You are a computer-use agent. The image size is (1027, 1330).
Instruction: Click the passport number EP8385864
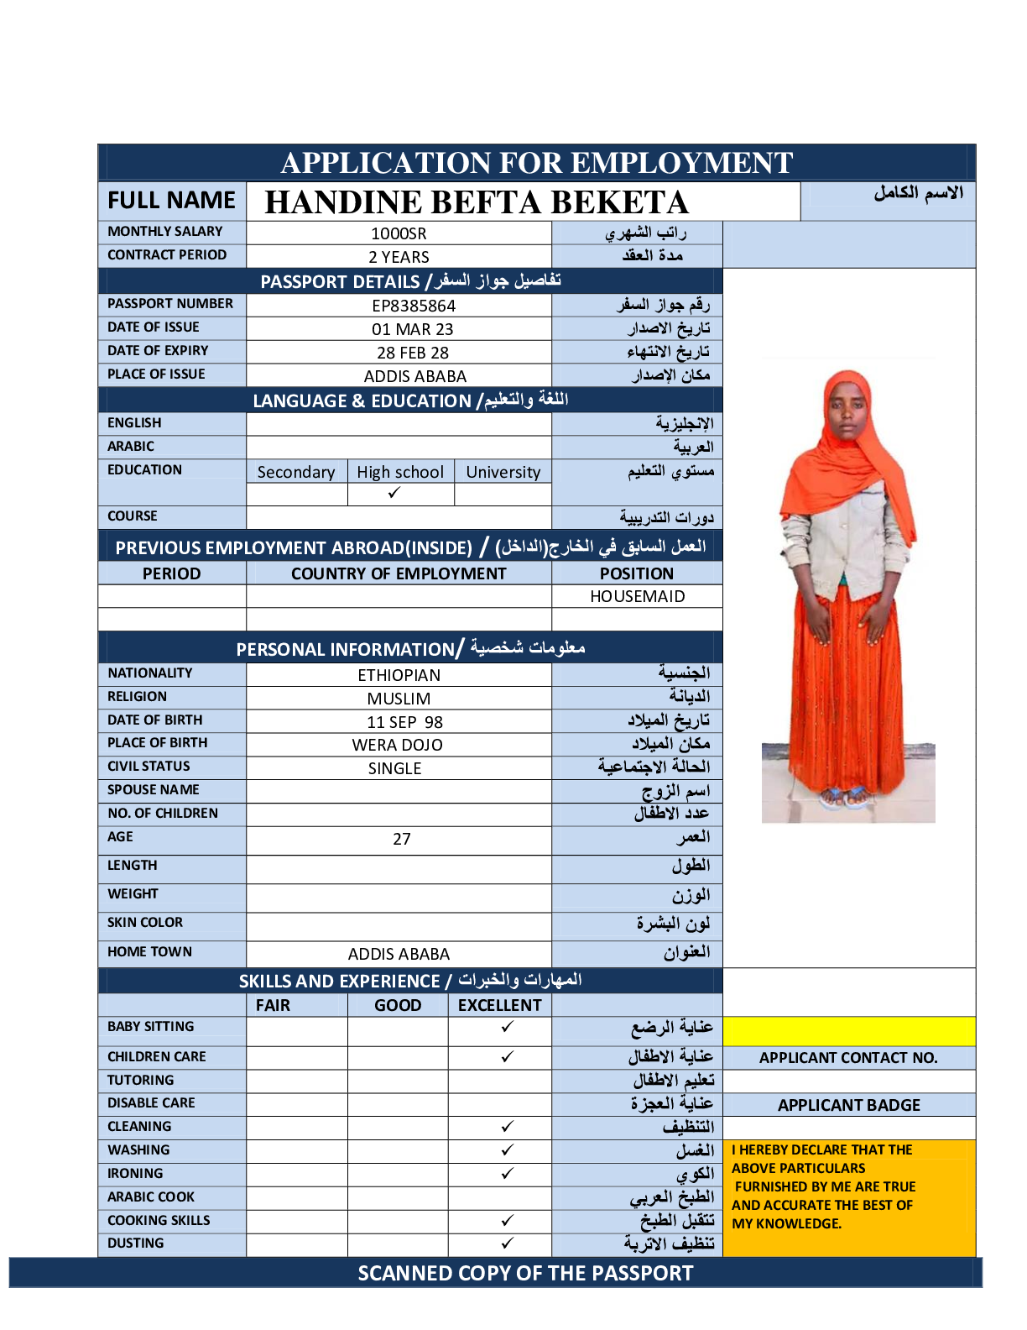pos(414,306)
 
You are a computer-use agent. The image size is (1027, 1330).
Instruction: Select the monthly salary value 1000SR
pos(399,233)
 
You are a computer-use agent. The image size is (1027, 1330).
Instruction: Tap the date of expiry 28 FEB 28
pos(412,353)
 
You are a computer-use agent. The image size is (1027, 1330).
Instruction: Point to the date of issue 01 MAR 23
pos(412,329)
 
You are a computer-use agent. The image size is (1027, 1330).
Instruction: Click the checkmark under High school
pos(394,493)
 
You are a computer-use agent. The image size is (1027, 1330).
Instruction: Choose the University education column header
pos(503,472)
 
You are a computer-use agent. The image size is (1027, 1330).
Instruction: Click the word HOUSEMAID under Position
pos(637,596)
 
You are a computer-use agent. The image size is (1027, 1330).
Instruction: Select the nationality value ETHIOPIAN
pos(399,675)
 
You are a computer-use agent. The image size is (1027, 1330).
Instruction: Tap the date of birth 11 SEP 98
pos(404,722)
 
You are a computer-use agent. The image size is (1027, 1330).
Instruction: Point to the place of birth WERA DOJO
pos(397,745)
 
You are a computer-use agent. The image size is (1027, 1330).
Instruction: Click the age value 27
pos(402,839)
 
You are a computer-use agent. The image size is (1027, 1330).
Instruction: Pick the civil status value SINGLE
pos(394,768)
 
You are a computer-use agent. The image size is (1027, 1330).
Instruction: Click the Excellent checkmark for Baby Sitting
pos(507,1027)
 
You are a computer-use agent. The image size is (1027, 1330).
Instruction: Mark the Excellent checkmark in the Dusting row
pos(507,1243)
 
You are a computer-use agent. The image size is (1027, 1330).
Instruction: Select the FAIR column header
pos(273,1005)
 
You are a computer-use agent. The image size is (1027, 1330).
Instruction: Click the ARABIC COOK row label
pos(151,1196)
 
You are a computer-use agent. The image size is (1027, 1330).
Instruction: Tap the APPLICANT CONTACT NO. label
pos(848,1058)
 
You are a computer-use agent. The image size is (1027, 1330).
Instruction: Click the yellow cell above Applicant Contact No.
pos(848,1031)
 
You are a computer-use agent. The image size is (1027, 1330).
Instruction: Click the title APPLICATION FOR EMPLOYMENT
pos(536,163)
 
